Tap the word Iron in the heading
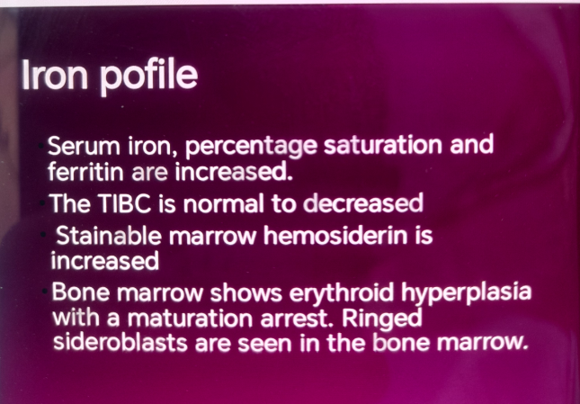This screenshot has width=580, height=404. pos(55,74)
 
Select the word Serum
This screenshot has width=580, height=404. pos(84,146)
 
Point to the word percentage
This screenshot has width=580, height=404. pos(251,147)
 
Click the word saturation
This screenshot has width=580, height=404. pos(383,145)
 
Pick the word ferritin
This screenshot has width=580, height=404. pos(85,171)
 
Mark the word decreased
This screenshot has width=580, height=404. pos(363,203)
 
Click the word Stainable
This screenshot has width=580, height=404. pos(109,236)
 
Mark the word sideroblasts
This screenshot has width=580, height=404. pos(120,343)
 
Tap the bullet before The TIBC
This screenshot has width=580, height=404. pos(44,203)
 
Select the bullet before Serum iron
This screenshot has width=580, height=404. pos(41,146)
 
